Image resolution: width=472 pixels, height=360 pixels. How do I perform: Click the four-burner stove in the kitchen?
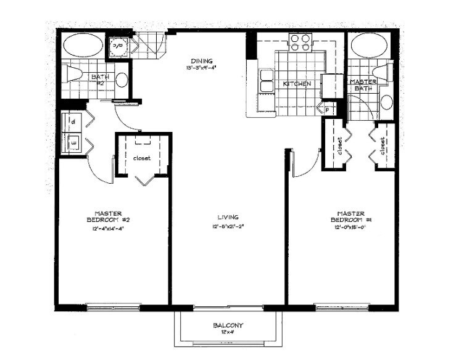pos(300,43)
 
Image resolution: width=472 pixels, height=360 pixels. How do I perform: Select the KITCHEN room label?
pos(297,84)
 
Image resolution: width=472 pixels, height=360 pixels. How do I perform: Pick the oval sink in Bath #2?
pos(122,80)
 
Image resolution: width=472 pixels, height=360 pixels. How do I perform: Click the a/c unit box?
pos(118,46)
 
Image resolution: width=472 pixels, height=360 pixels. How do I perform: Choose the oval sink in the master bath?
pos(387,102)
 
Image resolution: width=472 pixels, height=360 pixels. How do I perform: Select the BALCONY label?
pos(228,325)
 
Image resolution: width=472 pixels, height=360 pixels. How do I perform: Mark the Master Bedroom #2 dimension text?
pos(110,228)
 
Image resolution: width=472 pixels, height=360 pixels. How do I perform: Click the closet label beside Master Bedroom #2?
pos(142,158)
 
